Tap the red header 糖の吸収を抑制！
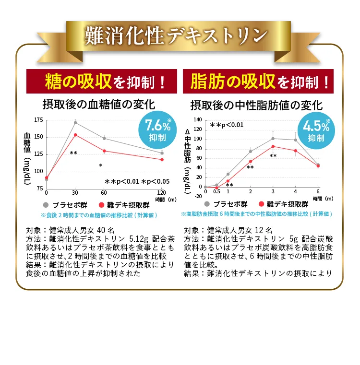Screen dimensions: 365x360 coord(101,82)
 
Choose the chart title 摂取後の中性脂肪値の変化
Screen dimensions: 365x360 coord(256,105)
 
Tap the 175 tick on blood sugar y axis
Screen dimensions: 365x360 coord(38,119)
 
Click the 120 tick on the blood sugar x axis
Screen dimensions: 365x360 coord(162,193)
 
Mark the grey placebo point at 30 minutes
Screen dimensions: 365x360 coord(75,123)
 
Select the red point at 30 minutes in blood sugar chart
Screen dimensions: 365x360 coord(75,135)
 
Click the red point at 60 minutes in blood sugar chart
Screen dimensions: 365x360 coord(104,151)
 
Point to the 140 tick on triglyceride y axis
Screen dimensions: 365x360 coord(198,119)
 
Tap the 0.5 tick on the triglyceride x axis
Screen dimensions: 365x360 coord(216,192)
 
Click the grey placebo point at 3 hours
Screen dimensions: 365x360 coord(273,138)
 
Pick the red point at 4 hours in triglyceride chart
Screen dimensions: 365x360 coord(296,151)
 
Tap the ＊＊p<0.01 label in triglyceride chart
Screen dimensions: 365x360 coord(227,125)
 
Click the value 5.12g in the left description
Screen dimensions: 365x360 coord(141,238)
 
